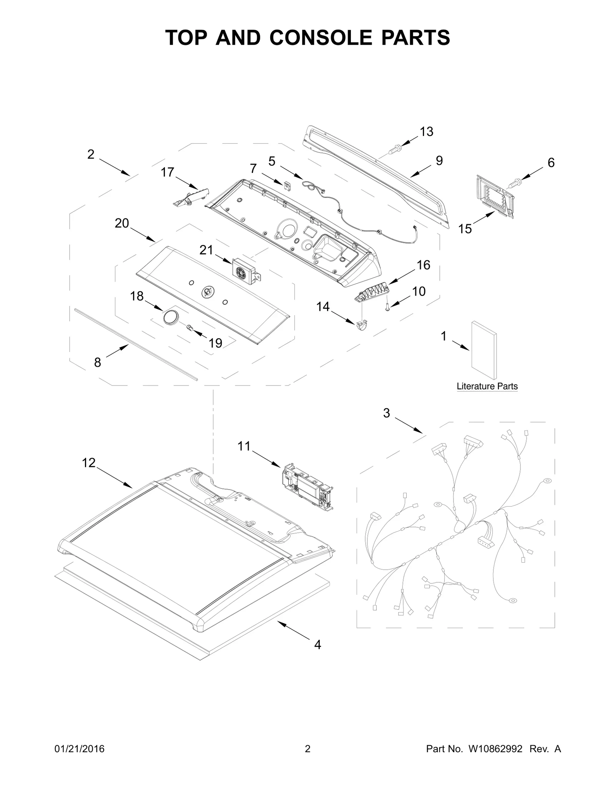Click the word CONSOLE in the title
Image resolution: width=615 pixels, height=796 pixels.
(321, 38)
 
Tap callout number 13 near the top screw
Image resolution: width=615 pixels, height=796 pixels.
(426, 131)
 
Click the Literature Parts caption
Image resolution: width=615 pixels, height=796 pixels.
(487, 386)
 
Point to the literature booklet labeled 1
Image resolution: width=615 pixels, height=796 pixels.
(484, 350)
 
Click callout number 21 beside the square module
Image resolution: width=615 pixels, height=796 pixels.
(206, 250)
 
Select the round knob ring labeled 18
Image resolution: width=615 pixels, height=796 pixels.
(171, 317)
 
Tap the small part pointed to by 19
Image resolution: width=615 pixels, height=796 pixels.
(189, 327)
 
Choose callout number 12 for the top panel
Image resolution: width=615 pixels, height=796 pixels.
(88, 463)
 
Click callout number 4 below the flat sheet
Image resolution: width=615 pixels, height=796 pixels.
(317, 645)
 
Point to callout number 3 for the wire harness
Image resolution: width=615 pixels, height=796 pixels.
(386, 413)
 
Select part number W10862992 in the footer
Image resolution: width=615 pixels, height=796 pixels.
(495, 749)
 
